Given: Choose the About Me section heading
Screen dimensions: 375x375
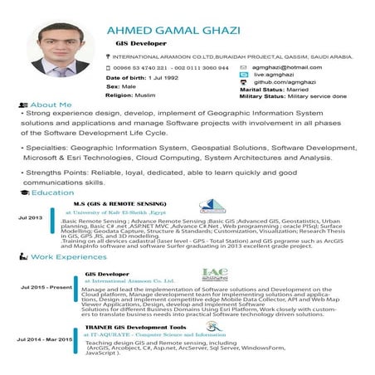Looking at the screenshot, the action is click(50, 105).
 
